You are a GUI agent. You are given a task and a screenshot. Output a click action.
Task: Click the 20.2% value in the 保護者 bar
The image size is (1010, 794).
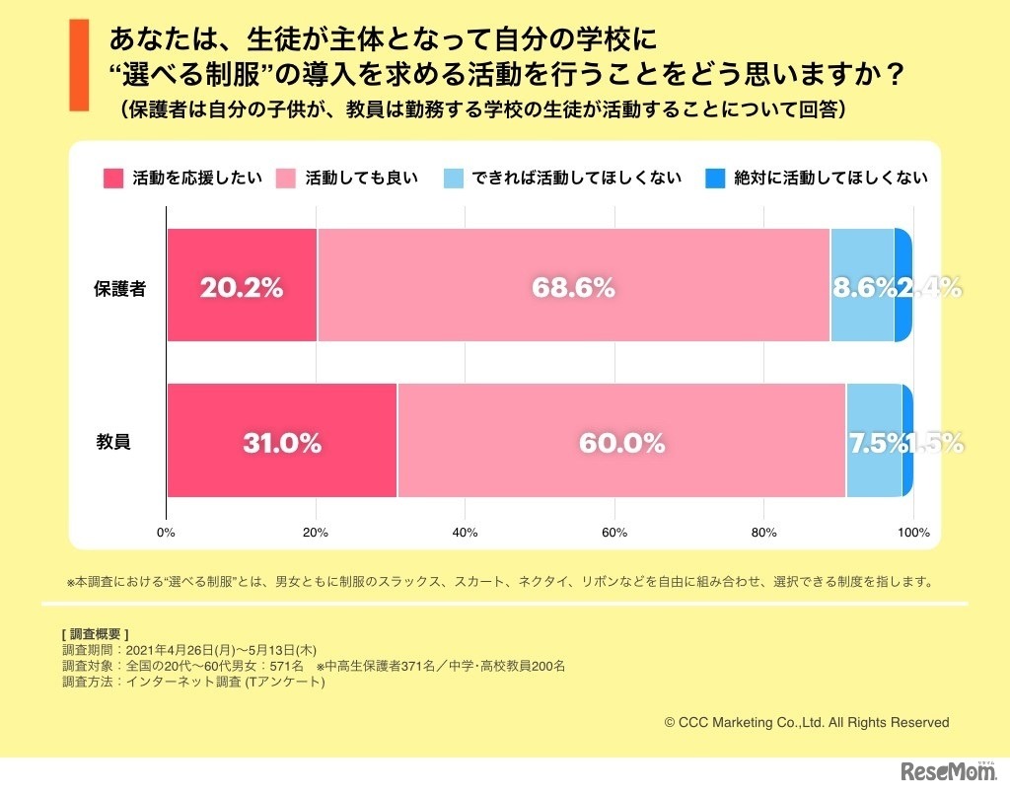point(242,287)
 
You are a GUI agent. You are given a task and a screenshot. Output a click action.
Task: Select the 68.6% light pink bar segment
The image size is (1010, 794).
point(573,287)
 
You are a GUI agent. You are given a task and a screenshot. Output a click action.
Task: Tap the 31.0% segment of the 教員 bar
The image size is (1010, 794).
point(282,443)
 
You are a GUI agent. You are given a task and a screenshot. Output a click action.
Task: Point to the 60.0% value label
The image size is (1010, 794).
point(621,443)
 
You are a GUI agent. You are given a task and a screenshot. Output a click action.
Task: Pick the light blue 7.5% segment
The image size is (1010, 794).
point(873,441)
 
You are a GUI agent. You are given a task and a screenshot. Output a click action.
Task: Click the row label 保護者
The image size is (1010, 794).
point(119,288)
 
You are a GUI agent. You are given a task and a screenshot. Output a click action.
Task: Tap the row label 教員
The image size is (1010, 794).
point(112,443)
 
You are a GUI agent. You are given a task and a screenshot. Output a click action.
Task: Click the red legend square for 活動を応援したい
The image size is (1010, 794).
point(114,179)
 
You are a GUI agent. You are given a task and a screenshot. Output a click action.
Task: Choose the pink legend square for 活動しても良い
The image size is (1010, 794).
point(287,179)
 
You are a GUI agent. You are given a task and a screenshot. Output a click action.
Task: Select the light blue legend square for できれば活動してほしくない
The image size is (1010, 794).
point(455,179)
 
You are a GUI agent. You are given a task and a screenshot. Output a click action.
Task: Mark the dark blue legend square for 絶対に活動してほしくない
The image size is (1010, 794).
point(716,179)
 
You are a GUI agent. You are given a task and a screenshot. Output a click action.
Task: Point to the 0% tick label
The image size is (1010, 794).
point(166,533)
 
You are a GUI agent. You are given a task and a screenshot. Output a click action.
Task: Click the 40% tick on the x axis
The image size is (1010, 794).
point(465,533)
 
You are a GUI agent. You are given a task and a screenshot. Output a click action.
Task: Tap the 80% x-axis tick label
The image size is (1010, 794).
point(763,533)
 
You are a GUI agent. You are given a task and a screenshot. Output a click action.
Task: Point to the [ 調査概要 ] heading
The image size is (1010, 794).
point(95,633)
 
